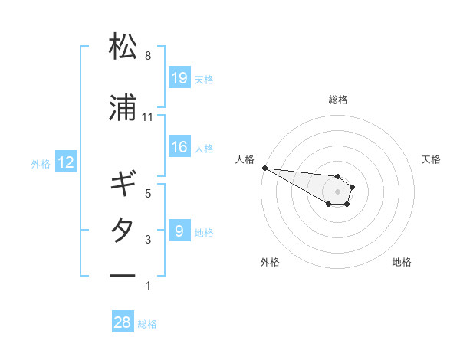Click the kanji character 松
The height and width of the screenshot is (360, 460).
point(123,47)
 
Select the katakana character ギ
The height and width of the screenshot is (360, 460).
point(123,185)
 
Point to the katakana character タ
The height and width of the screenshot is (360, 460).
point(123,231)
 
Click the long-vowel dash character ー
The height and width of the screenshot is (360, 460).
point(123,275)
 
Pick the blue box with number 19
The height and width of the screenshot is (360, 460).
point(179,77)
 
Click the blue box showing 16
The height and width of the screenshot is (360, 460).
point(179,147)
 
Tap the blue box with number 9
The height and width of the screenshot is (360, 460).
point(179,231)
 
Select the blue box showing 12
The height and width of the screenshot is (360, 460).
point(66,162)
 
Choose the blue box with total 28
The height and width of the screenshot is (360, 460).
point(123,322)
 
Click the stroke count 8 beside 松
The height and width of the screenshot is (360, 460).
point(148,56)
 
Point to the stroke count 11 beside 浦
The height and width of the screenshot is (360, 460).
point(148,117)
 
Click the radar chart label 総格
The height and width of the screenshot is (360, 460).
point(337,100)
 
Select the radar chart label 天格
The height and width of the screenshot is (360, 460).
point(432,159)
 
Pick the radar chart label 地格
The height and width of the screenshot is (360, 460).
point(402,262)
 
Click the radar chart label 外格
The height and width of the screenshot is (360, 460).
point(270,262)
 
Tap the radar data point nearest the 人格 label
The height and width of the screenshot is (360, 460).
point(264,168)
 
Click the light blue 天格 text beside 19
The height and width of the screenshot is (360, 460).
point(204,79)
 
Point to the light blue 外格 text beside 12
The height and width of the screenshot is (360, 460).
point(41,163)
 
